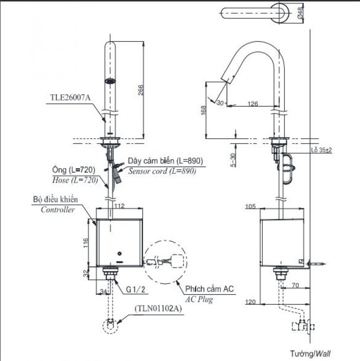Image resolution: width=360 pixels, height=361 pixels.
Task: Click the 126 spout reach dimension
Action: [252, 104]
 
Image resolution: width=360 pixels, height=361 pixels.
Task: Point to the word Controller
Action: [57, 210]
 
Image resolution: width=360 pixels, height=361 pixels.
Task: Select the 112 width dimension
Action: [119, 205]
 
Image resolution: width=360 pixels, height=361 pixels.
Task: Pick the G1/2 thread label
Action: [136, 289]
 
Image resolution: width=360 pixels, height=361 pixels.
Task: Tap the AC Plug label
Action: [199, 300]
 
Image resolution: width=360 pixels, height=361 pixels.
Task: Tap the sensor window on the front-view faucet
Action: [111, 81]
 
